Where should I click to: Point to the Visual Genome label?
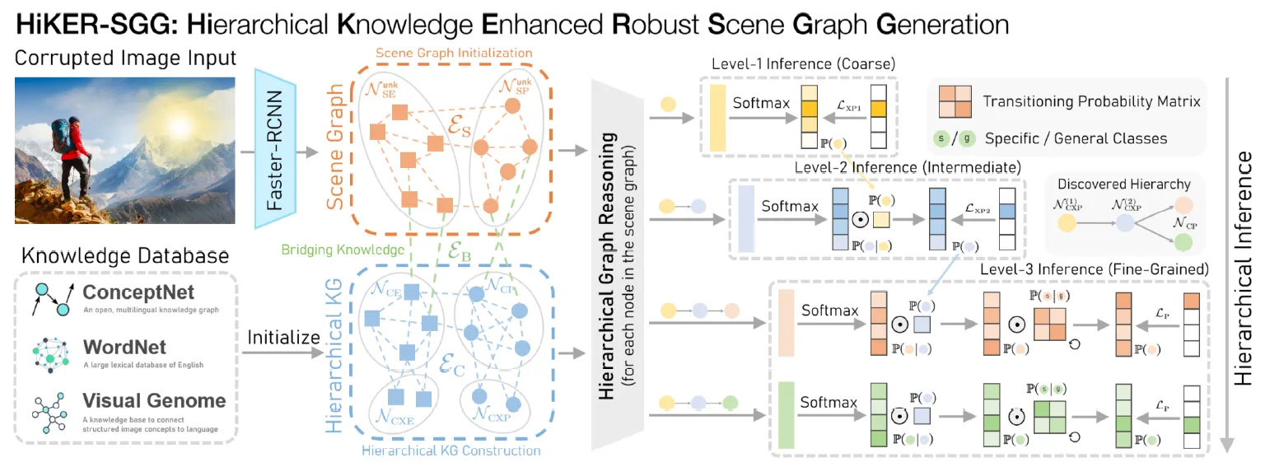tap(154, 401)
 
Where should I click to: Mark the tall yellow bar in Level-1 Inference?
tap(717, 116)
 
